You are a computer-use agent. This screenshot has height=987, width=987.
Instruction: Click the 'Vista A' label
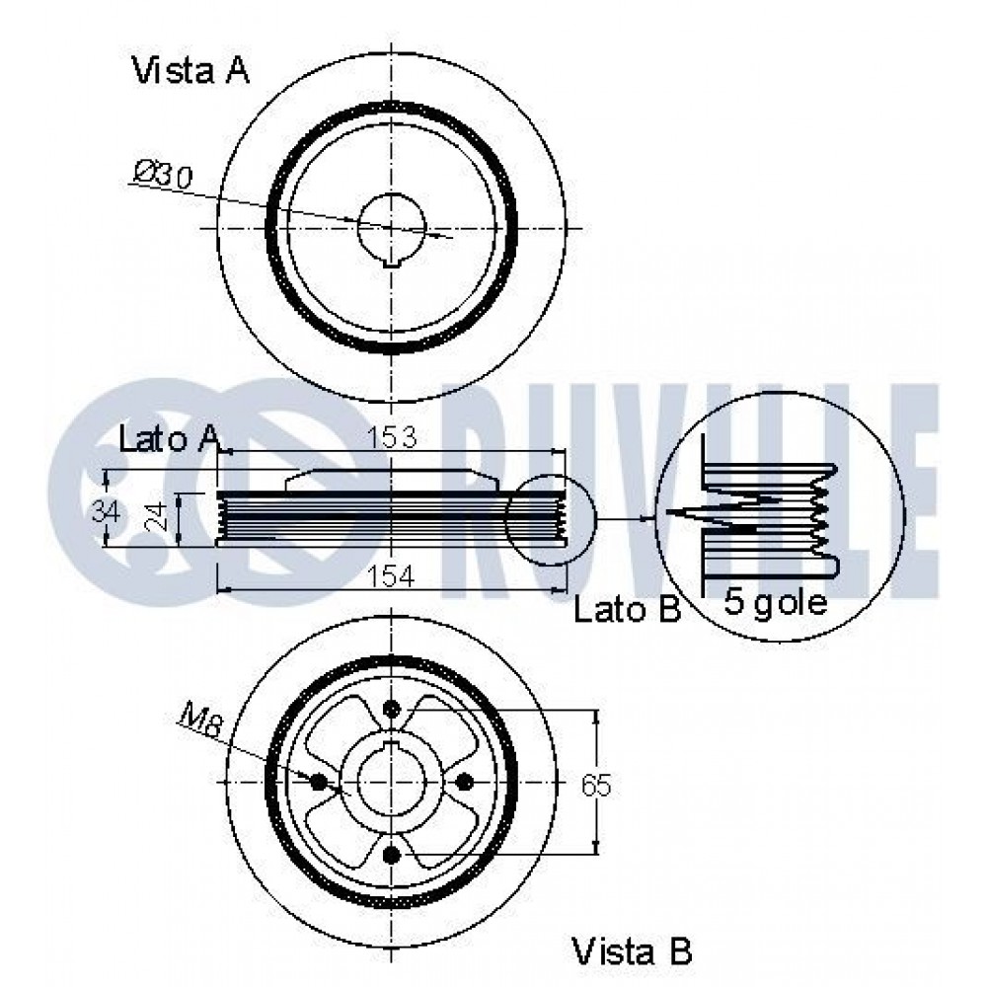click(190, 70)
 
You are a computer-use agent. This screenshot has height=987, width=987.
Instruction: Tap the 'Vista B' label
click(632, 950)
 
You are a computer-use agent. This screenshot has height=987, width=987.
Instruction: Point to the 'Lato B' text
click(628, 609)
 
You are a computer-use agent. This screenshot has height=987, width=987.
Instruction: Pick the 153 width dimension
click(391, 437)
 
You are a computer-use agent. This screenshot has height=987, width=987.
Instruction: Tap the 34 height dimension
click(106, 510)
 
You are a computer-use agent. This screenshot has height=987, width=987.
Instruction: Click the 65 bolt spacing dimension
click(596, 786)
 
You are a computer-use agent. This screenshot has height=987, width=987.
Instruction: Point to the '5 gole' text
click(776, 602)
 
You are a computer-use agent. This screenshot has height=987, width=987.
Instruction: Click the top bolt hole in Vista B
click(392, 710)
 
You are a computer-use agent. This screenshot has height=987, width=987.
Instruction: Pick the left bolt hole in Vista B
click(320, 782)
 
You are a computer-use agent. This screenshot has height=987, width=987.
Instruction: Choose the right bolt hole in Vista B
click(464, 782)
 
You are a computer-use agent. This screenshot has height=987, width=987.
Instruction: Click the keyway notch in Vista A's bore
click(392, 264)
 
